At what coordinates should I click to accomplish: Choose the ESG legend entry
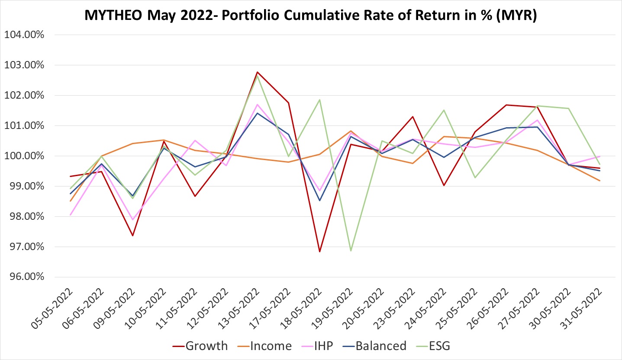pyautogui.click(x=437, y=346)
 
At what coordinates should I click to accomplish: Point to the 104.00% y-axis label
pyautogui.click(x=24, y=35)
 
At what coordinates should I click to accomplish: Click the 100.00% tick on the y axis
pyautogui.click(x=24, y=156)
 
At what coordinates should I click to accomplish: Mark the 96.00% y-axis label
pyautogui.click(x=24, y=277)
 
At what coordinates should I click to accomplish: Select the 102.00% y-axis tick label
pyautogui.click(x=24, y=96)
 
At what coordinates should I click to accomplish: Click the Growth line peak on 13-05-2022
pyautogui.click(x=257, y=72)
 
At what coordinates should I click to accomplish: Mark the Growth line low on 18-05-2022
pyautogui.click(x=319, y=252)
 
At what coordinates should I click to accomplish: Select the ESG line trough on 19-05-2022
pyautogui.click(x=351, y=251)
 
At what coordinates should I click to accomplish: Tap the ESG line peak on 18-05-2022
pyautogui.click(x=319, y=100)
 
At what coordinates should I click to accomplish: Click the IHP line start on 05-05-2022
pyautogui.click(x=70, y=215)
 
